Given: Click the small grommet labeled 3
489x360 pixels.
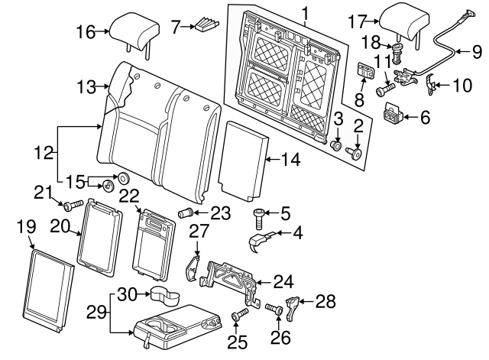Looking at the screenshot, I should (335, 144).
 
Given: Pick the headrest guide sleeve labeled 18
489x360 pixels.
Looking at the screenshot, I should (398, 54).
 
